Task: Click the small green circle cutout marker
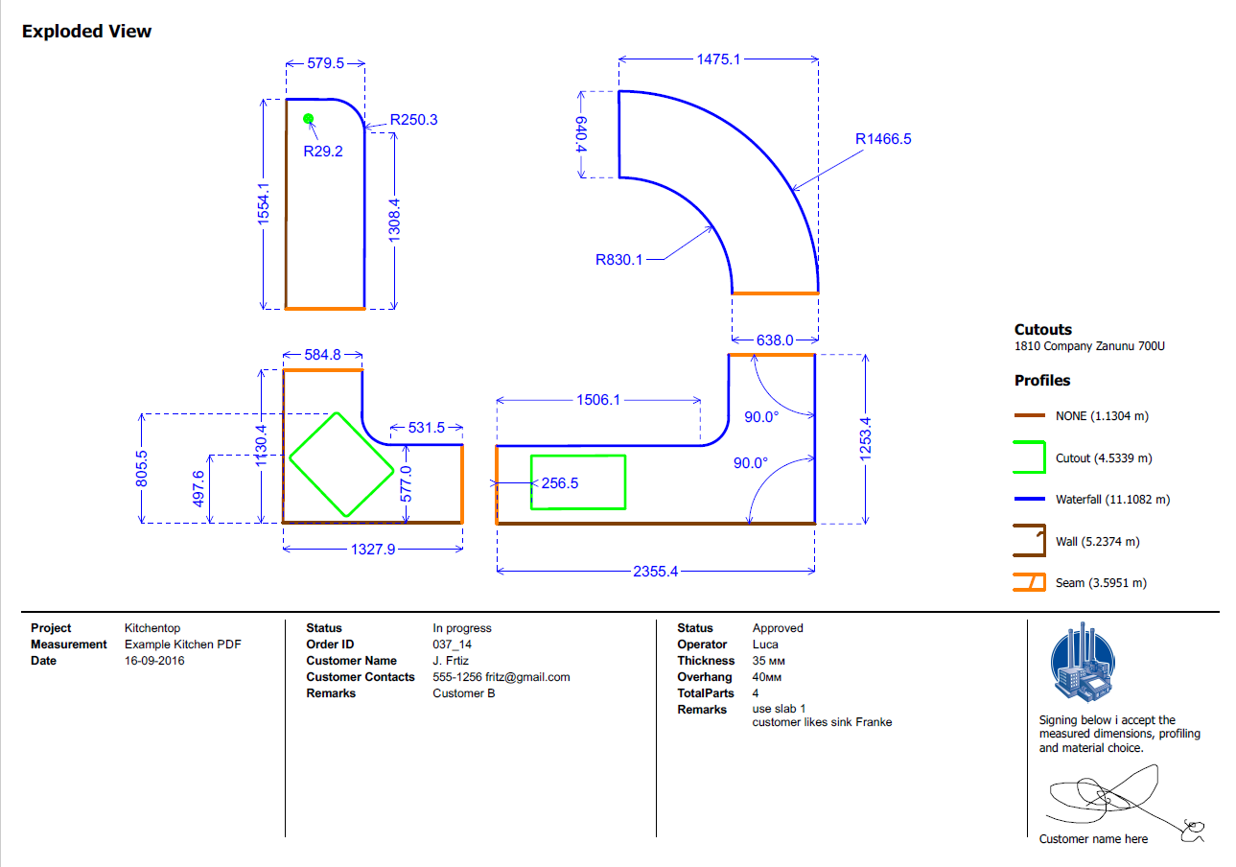tap(309, 119)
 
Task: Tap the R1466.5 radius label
tap(883, 139)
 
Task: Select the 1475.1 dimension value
tap(716, 59)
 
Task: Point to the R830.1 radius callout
tap(618, 259)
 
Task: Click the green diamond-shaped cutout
tap(341, 464)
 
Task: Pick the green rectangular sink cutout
tap(578, 482)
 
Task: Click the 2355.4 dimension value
tap(655, 572)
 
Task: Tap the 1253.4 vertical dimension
tap(866, 439)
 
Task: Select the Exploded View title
tap(87, 32)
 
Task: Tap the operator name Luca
tap(765, 644)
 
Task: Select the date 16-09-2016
tap(154, 661)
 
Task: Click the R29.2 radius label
tap(323, 152)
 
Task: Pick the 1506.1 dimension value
tap(600, 400)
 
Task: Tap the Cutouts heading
tap(1043, 330)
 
